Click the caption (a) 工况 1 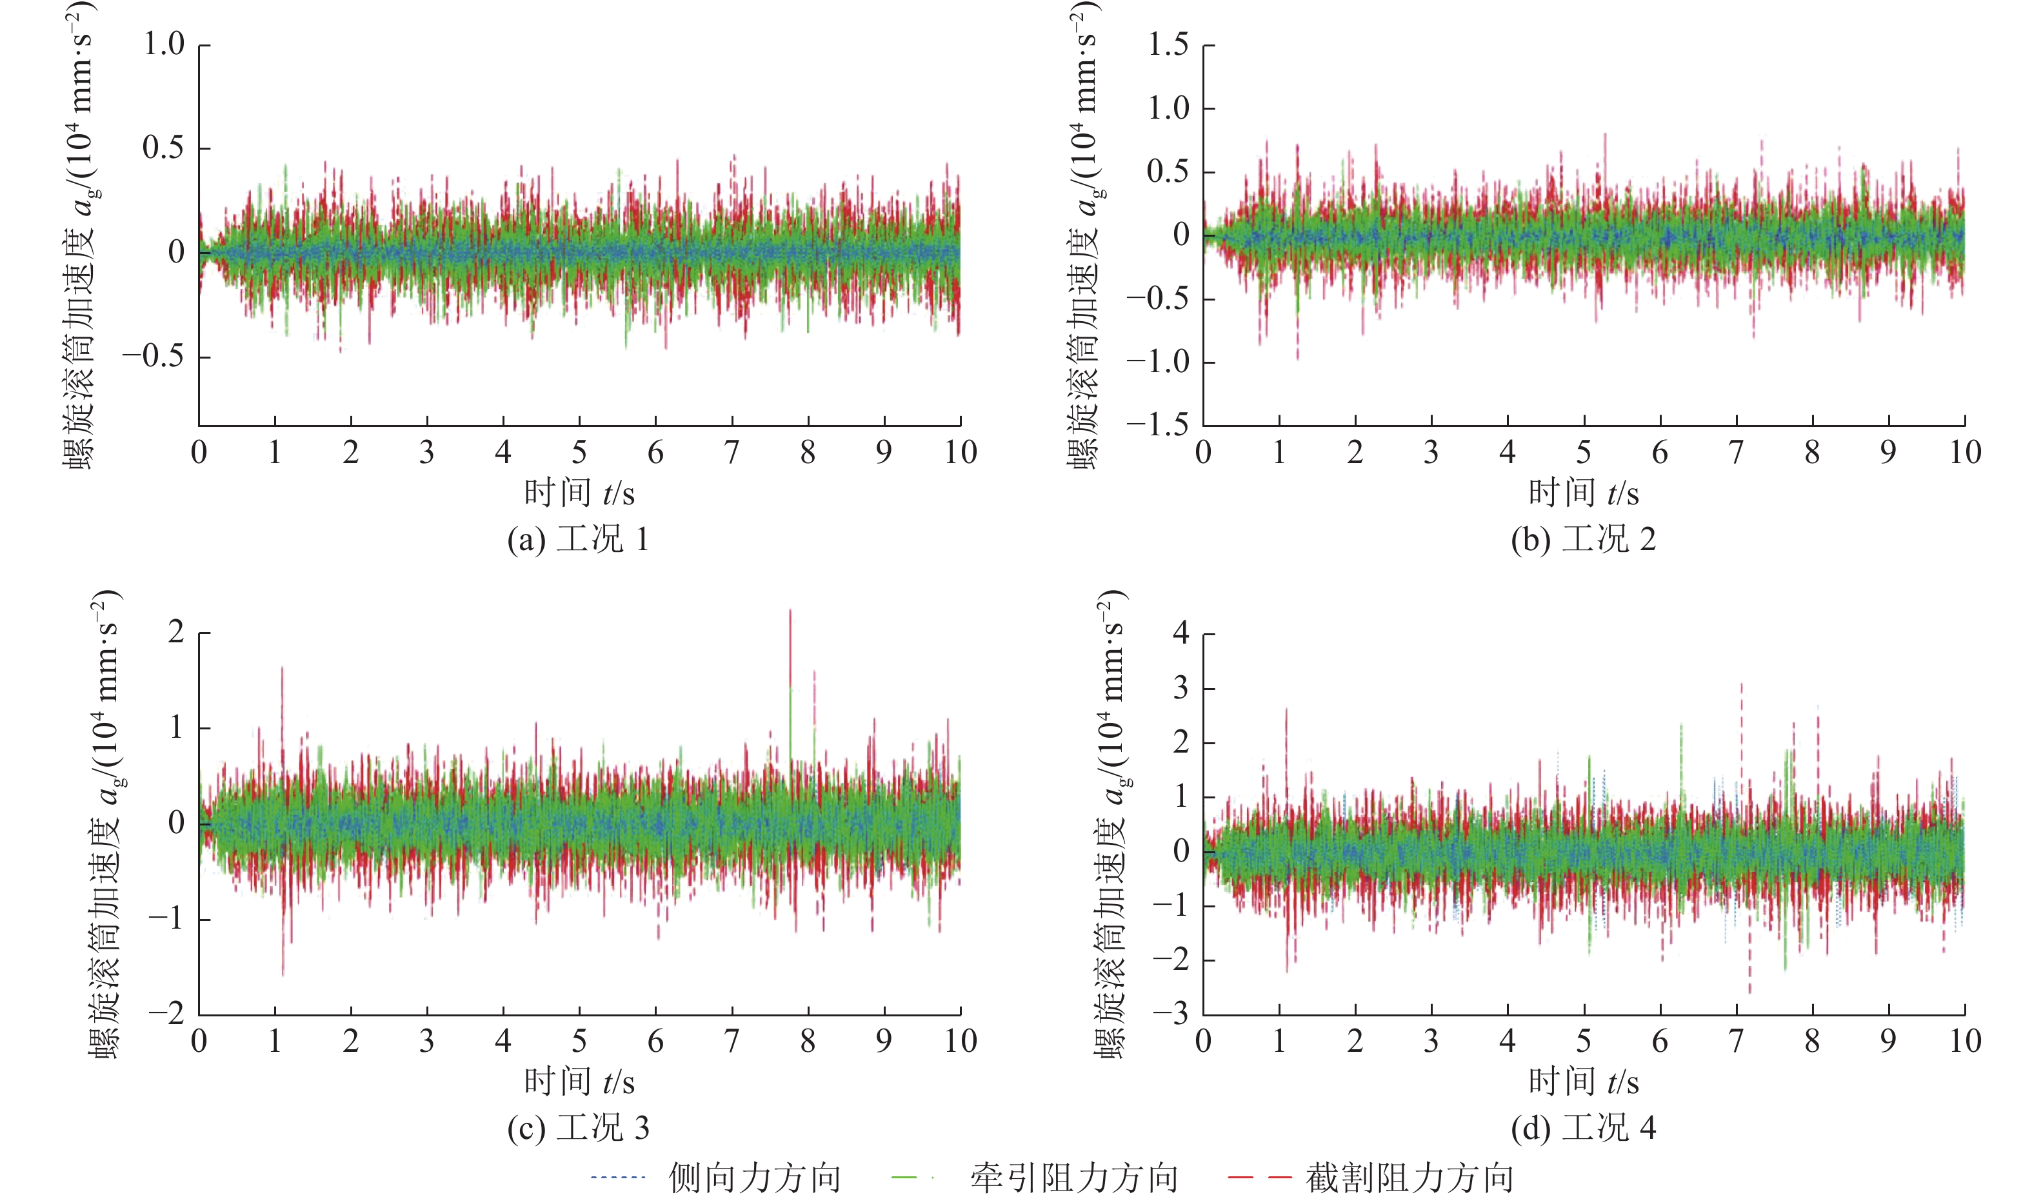(578, 539)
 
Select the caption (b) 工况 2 (1583, 539)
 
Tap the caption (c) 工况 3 (578, 1127)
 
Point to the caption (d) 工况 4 (1583, 1127)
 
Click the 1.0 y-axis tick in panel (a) (164, 44)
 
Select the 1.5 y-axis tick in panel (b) (1168, 44)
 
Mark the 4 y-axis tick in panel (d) (1181, 633)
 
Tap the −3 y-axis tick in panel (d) (1171, 1014)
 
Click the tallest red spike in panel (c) (790, 611)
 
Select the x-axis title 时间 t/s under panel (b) (1583, 493)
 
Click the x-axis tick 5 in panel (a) (579, 452)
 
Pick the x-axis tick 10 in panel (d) (1965, 1041)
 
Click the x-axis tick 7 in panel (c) (732, 1041)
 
